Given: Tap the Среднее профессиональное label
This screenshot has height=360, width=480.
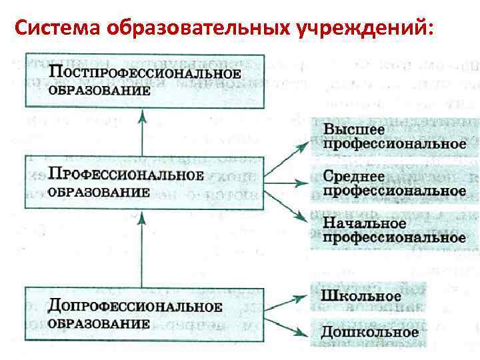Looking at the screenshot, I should [393, 183].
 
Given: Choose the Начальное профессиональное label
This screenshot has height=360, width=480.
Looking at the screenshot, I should [393, 229].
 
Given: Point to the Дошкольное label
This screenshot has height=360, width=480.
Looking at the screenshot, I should [371, 331].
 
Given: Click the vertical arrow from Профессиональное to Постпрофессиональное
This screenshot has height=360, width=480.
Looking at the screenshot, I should [142, 133].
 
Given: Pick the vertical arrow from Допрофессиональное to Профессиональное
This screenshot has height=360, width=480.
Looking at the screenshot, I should [142, 247].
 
